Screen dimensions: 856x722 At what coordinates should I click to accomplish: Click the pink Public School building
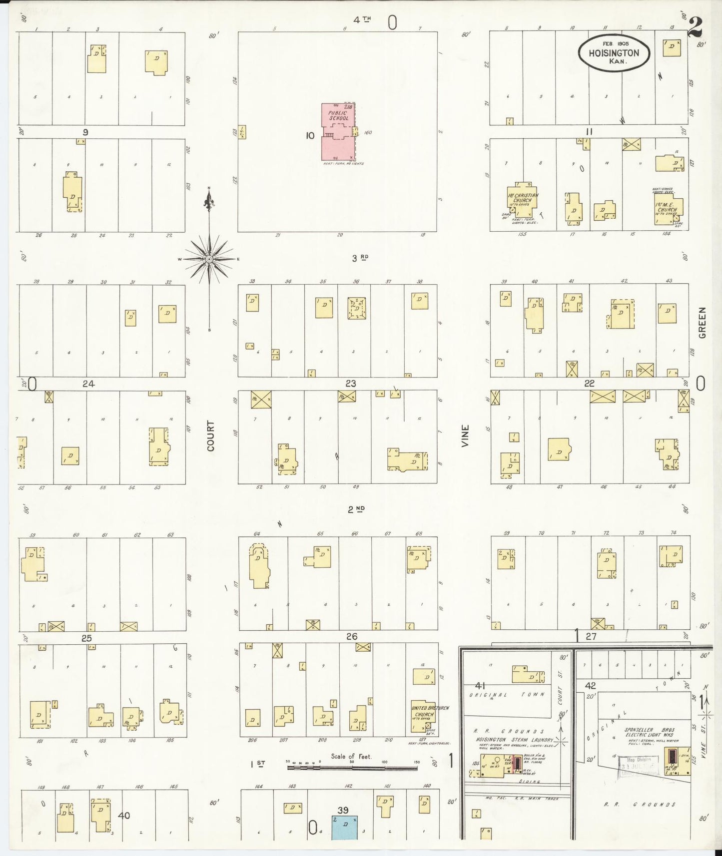click(337, 132)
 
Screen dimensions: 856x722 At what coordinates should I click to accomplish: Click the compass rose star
click(209, 259)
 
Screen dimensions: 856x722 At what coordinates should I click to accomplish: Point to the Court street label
click(210, 436)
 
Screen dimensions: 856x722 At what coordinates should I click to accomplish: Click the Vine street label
click(466, 436)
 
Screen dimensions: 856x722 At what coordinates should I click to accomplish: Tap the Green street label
click(702, 323)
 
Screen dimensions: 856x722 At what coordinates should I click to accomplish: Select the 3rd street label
click(360, 258)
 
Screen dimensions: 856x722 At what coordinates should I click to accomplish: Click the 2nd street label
click(357, 509)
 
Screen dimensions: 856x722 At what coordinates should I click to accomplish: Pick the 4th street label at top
click(362, 20)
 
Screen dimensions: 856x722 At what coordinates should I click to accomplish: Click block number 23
click(351, 383)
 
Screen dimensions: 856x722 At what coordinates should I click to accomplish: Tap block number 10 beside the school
click(310, 135)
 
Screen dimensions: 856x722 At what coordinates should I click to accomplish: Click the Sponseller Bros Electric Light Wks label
click(649, 732)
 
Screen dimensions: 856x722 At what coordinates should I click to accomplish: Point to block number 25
click(87, 638)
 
